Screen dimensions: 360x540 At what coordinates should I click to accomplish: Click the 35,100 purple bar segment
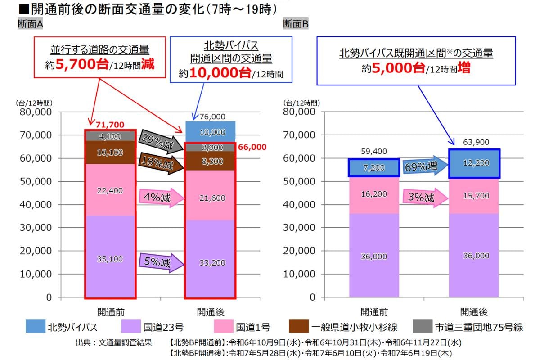click(x=110, y=259)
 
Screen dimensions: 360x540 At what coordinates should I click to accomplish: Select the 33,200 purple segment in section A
click(x=210, y=262)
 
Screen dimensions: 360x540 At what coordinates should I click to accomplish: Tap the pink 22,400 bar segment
click(x=110, y=190)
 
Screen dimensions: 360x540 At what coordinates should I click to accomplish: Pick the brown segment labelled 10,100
click(x=110, y=153)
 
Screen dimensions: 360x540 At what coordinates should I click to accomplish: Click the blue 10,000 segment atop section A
click(x=210, y=132)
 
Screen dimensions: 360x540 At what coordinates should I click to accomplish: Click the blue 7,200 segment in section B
click(x=373, y=167)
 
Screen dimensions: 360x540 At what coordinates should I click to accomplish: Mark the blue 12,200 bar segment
click(x=474, y=163)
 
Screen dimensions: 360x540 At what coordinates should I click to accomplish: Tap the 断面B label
click(x=296, y=24)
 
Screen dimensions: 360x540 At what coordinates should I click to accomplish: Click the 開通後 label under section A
click(x=210, y=311)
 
